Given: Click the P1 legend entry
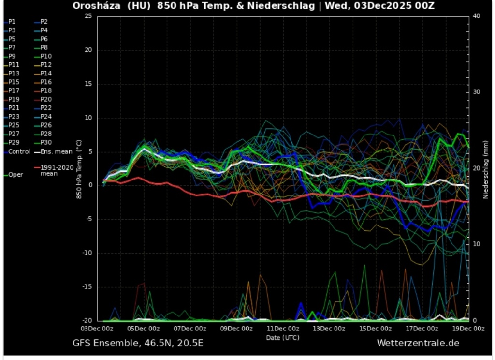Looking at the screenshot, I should pyautogui.click(x=12, y=22).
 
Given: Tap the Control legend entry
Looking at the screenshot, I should pyautogui.click(x=19, y=151).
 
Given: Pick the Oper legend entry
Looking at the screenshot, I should pyautogui.click(x=15, y=175).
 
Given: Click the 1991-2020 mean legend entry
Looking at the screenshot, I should pyautogui.click(x=55, y=170).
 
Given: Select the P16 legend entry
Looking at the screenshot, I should pyautogui.click(x=46, y=82).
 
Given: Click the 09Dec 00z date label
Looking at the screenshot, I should pyautogui.click(x=237, y=329).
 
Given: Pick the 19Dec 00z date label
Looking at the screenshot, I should pyautogui.click(x=468, y=329).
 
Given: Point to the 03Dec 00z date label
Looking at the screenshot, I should pyautogui.click(x=98, y=329).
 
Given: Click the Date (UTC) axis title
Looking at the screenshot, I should pyautogui.click(x=283, y=337).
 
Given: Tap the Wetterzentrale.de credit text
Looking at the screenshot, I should pyautogui.click(x=418, y=343).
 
